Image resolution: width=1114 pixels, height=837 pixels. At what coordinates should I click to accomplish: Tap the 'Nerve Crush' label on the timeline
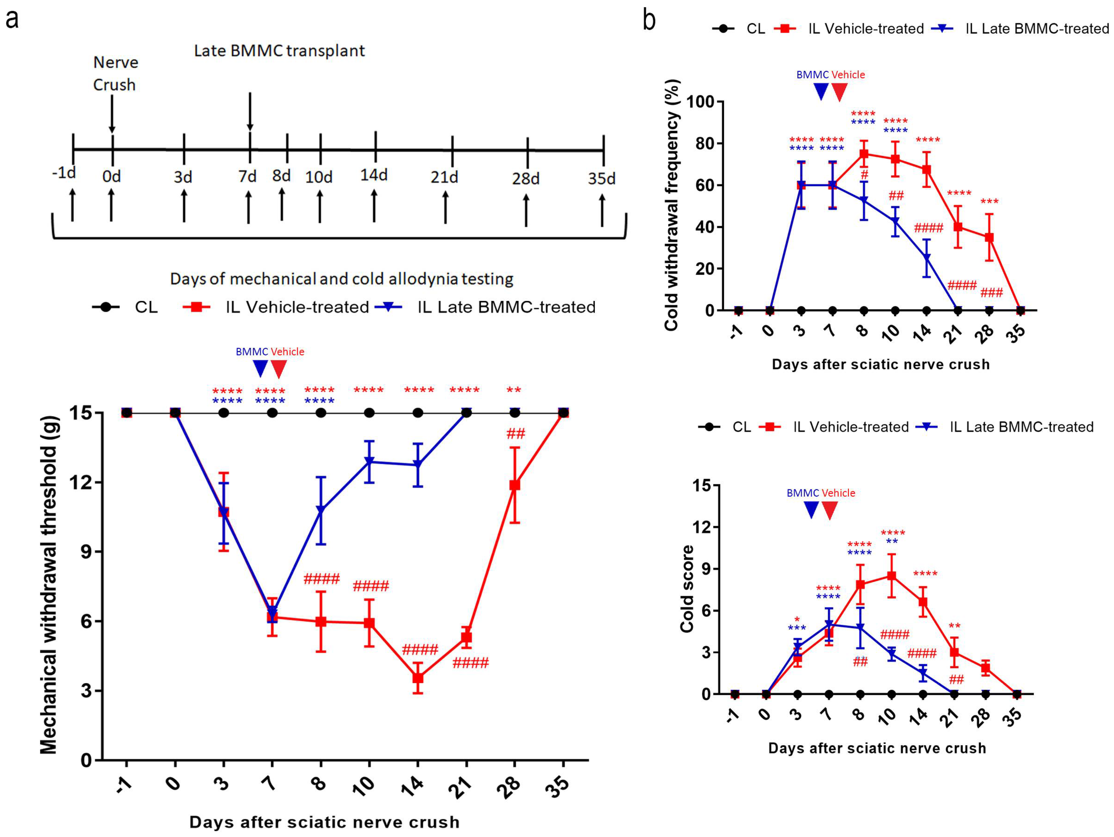(115, 74)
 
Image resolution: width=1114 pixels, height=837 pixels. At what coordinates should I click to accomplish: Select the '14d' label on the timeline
(374, 175)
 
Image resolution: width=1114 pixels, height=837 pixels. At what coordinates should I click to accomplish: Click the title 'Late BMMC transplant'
(279, 51)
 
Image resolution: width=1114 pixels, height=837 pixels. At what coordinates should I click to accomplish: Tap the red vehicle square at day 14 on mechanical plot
(417, 678)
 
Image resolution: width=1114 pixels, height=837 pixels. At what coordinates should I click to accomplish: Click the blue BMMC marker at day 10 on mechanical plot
(369, 462)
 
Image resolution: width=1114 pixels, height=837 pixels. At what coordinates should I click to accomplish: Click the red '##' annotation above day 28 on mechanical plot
(516, 433)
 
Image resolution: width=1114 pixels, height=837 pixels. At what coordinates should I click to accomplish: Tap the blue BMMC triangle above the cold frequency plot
(821, 92)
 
